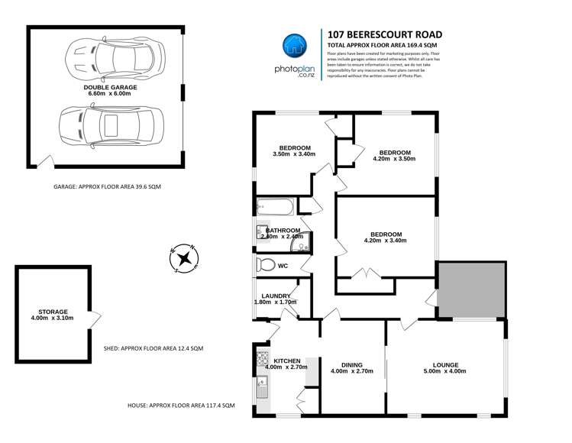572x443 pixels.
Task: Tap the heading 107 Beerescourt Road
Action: coord(384,34)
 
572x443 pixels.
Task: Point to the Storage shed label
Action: coord(54,312)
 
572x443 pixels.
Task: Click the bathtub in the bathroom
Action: coord(273,206)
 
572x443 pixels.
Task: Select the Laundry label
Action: coord(275,296)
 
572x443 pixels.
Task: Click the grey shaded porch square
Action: coord(470,289)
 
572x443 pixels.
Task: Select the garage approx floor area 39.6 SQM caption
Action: coord(107,187)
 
